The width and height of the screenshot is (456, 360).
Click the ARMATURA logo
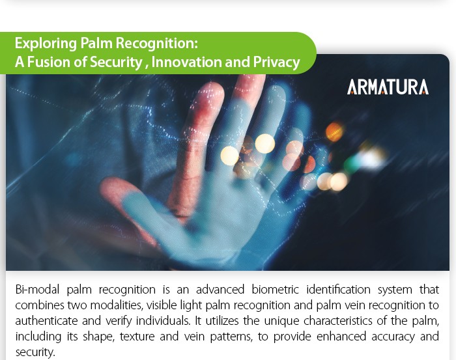[x=388, y=87]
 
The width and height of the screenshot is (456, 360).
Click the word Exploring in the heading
[x=46, y=44]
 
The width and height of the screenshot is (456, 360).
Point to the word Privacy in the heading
[x=276, y=62]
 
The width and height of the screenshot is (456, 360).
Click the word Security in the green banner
[x=116, y=62]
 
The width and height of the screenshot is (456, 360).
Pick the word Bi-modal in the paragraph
[x=37, y=290]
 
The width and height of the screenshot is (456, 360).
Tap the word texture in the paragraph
[x=137, y=337]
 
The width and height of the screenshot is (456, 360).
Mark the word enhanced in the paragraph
[x=341, y=337]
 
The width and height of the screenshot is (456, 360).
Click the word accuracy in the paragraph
[x=393, y=337]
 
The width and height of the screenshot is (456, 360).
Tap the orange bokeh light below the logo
[x=334, y=132]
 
